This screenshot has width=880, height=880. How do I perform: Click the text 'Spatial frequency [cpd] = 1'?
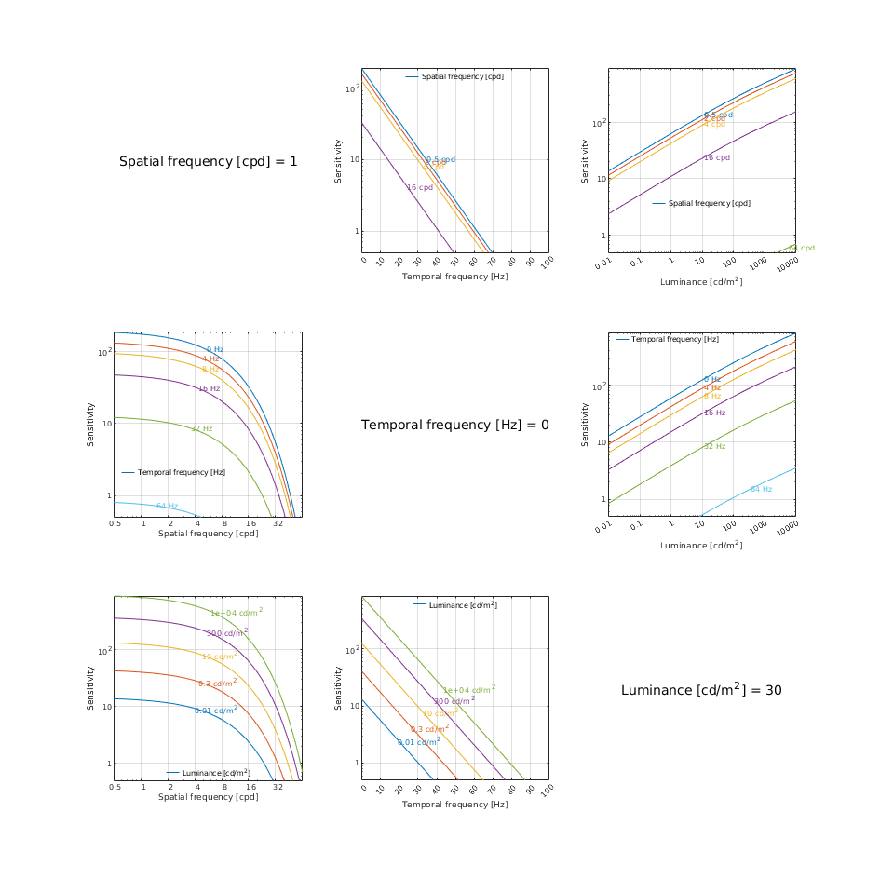point(208,161)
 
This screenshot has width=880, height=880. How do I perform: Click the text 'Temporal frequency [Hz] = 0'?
point(454,425)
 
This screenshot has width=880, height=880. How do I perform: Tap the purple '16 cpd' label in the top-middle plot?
point(420,187)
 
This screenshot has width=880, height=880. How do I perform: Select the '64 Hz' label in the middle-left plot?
point(167,506)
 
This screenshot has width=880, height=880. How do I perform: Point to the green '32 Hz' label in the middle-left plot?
point(201,428)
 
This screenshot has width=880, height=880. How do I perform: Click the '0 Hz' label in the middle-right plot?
point(712,379)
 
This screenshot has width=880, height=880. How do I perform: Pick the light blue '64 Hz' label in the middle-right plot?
point(761,489)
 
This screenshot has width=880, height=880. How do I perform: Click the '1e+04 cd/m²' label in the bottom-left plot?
point(236,612)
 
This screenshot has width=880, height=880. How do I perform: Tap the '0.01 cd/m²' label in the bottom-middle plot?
point(419,741)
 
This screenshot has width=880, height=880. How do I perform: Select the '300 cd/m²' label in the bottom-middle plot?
point(454,700)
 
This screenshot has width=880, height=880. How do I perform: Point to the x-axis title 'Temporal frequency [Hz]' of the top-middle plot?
point(454,277)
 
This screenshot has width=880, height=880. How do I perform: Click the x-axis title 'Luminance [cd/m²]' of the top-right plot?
point(701,281)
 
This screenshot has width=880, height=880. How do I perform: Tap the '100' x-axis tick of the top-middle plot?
point(546,264)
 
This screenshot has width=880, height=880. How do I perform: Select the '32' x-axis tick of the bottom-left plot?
point(278,787)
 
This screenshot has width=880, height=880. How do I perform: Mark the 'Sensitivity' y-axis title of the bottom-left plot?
point(90,687)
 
